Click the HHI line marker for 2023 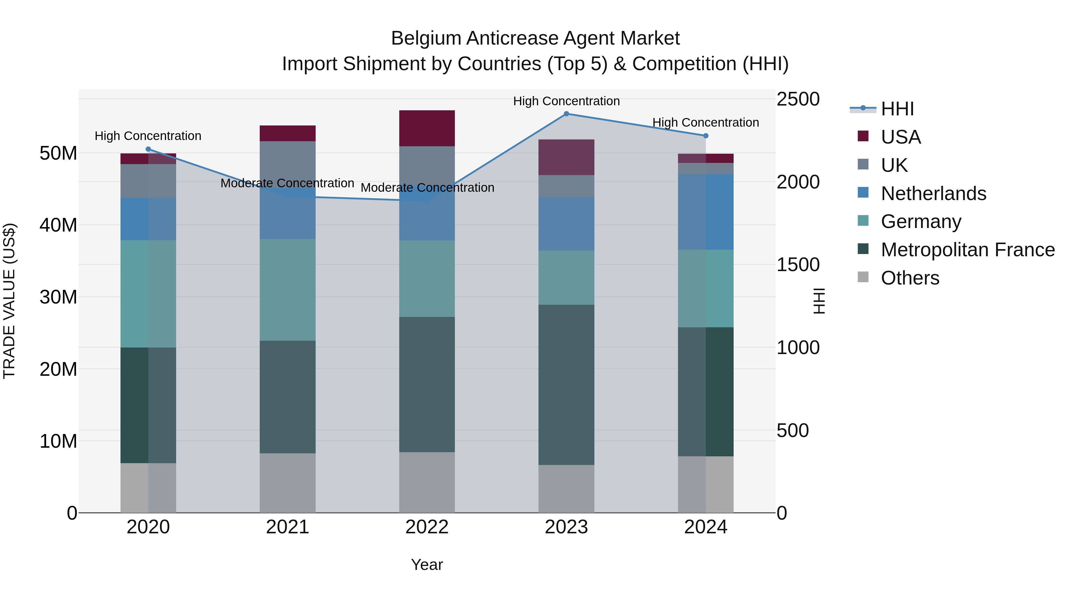tap(566, 114)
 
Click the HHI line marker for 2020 tap(148, 149)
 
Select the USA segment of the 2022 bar tap(427, 128)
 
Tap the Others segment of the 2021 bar tap(288, 483)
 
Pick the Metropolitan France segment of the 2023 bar tap(566, 385)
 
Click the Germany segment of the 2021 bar tap(288, 290)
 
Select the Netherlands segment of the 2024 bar tap(706, 212)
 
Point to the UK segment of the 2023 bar tap(566, 186)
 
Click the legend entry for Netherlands tap(933, 194)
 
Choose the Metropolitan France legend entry tap(967, 250)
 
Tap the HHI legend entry tap(897, 109)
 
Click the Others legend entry tap(910, 278)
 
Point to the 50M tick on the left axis tap(58, 153)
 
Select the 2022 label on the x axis tap(427, 527)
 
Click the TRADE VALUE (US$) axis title tap(10, 301)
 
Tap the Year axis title tap(427, 565)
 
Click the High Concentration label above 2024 tap(706, 122)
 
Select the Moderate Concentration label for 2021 tap(287, 183)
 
